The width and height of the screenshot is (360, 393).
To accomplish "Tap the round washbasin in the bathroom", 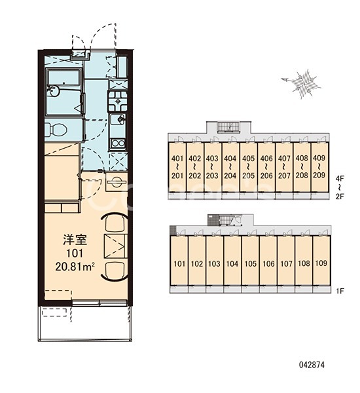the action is (x=54, y=91).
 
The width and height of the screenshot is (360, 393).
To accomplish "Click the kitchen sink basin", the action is (x=118, y=121).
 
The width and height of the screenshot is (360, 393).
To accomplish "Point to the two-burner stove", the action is (x=118, y=101).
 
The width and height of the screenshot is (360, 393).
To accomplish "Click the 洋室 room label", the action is (x=75, y=239).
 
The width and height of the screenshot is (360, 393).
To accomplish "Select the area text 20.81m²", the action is (x=75, y=267).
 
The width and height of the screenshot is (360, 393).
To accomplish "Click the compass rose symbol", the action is (x=302, y=84).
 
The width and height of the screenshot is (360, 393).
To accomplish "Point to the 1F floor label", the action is (x=340, y=291).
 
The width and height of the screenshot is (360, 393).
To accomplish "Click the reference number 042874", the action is (x=312, y=365).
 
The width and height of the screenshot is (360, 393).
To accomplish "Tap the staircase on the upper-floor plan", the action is (x=228, y=127).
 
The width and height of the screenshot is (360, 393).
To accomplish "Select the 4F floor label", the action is (x=340, y=178).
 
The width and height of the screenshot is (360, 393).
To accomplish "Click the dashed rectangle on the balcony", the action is (x=54, y=312).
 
